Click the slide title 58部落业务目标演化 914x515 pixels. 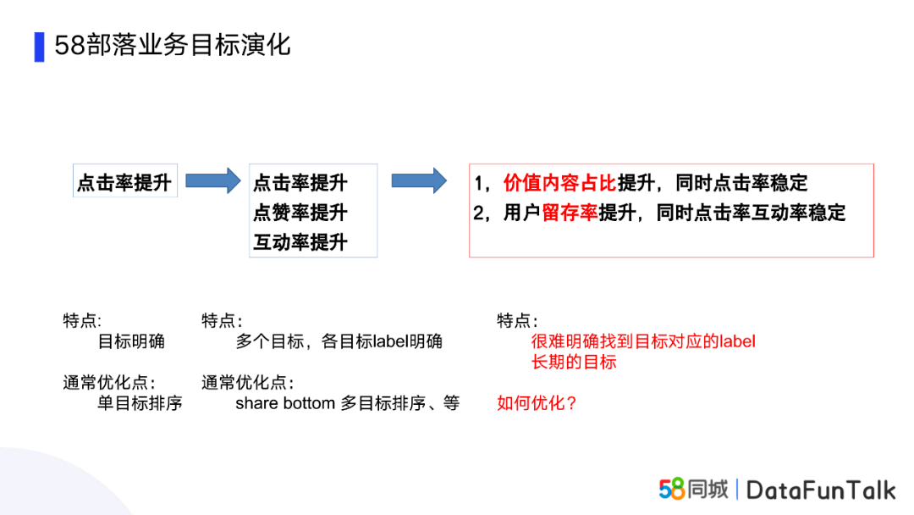(173, 46)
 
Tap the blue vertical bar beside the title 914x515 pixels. (40, 47)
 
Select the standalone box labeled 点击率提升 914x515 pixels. (124, 180)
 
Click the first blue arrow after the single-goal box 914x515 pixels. (212, 180)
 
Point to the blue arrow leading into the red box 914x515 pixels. (419, 180)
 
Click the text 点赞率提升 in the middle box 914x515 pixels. (300, 213)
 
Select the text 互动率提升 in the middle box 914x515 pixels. (300, 242)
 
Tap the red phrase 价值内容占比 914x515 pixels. (559, 183)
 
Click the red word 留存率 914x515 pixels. (570, 213)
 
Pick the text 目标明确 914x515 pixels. (131, 341)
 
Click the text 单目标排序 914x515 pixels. (140, 403)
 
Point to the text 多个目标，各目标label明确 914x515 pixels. (339, 341)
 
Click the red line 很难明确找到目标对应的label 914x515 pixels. (643, 341)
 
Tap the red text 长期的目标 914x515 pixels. (574, 363)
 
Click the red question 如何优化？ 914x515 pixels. (537, 403)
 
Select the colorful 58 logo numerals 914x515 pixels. (671, 489)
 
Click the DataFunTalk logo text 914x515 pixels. (821, 490)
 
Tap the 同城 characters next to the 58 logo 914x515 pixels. (708, 489)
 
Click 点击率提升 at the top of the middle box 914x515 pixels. (300, 183)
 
